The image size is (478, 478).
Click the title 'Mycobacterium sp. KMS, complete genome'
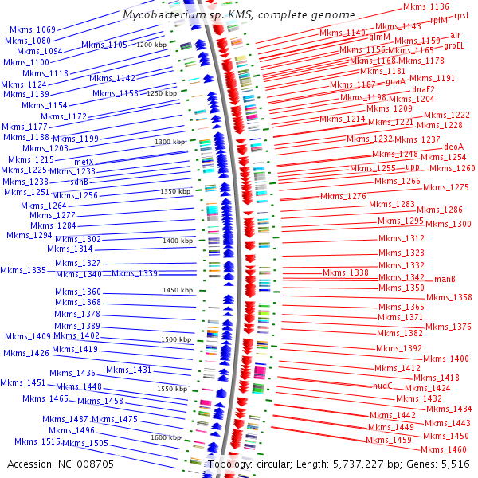[238, 15]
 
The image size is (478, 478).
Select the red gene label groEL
[454, 46]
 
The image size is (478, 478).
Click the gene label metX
[84, 162]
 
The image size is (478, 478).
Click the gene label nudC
[383, 385]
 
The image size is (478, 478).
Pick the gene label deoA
[453, 147]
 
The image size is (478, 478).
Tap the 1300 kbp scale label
[170, 142]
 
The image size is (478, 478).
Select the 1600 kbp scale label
[166, 437]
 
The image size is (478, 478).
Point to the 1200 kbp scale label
[152, 45]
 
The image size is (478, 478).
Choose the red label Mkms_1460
[445, 449]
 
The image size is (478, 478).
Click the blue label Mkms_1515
[37, 441]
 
